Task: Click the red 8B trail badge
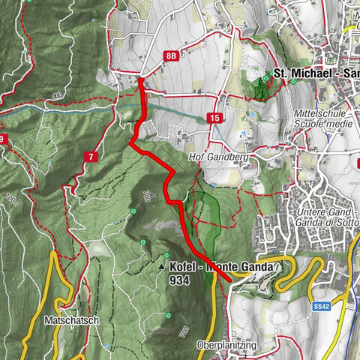pyautogui.click(x=172, y=55)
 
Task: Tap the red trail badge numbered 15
pyautogui.click(x=215, y=118)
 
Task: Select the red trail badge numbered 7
pyautogui.click(x=91, y=156)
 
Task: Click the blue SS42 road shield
pyautogui.click(x=321, y=307)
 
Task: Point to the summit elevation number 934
pyautogui.click(x=181, y=279)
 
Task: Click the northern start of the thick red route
pyautogui.click(x=140, y=79)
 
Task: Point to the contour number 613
pyautogui.click(x=57, y=96)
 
